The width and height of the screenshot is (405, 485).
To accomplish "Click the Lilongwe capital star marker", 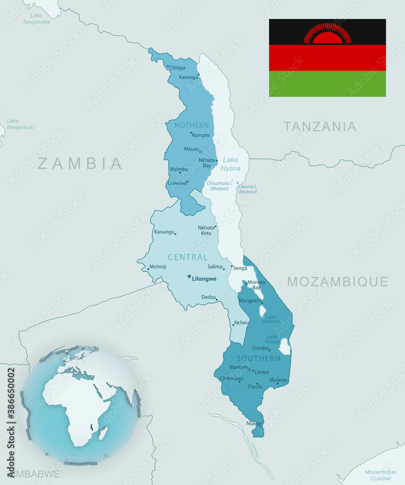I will pos(189,276).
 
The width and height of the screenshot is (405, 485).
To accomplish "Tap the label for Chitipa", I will pos(177,68).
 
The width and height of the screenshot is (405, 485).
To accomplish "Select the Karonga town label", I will pos(188,77).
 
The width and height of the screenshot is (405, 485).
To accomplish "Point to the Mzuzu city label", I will pos(191,149).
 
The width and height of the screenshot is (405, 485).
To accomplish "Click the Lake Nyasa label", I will pos(230,164).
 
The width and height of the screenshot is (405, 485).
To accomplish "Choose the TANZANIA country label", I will pos(320,127).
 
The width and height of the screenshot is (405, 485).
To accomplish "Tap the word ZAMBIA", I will pos(80,163).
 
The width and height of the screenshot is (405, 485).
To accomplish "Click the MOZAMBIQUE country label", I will pos(337,282).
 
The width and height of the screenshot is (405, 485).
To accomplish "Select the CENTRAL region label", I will pos(187,257).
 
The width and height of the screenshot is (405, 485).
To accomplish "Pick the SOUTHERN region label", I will pos(258,358).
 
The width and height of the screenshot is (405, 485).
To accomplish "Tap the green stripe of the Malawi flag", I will pos(327,84).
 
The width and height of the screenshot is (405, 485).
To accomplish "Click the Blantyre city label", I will pos(238,367).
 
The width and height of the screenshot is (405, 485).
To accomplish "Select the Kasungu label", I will pos(164,232).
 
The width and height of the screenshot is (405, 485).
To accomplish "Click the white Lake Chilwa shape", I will pos(284,346).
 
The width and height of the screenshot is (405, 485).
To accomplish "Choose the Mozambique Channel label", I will pos(380,475).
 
